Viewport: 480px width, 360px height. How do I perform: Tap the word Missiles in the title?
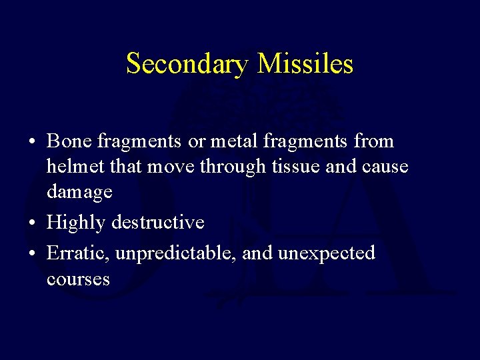(305, 64)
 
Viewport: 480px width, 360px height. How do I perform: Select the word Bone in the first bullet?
(70, 141)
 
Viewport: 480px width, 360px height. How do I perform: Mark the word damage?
(79, 193)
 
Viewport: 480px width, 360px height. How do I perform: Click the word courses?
(78, 279)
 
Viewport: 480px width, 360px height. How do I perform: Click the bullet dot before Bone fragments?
(33, 142)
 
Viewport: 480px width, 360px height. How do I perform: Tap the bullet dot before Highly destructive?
(33, 222)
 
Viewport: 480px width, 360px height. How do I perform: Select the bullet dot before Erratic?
(33, 253)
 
